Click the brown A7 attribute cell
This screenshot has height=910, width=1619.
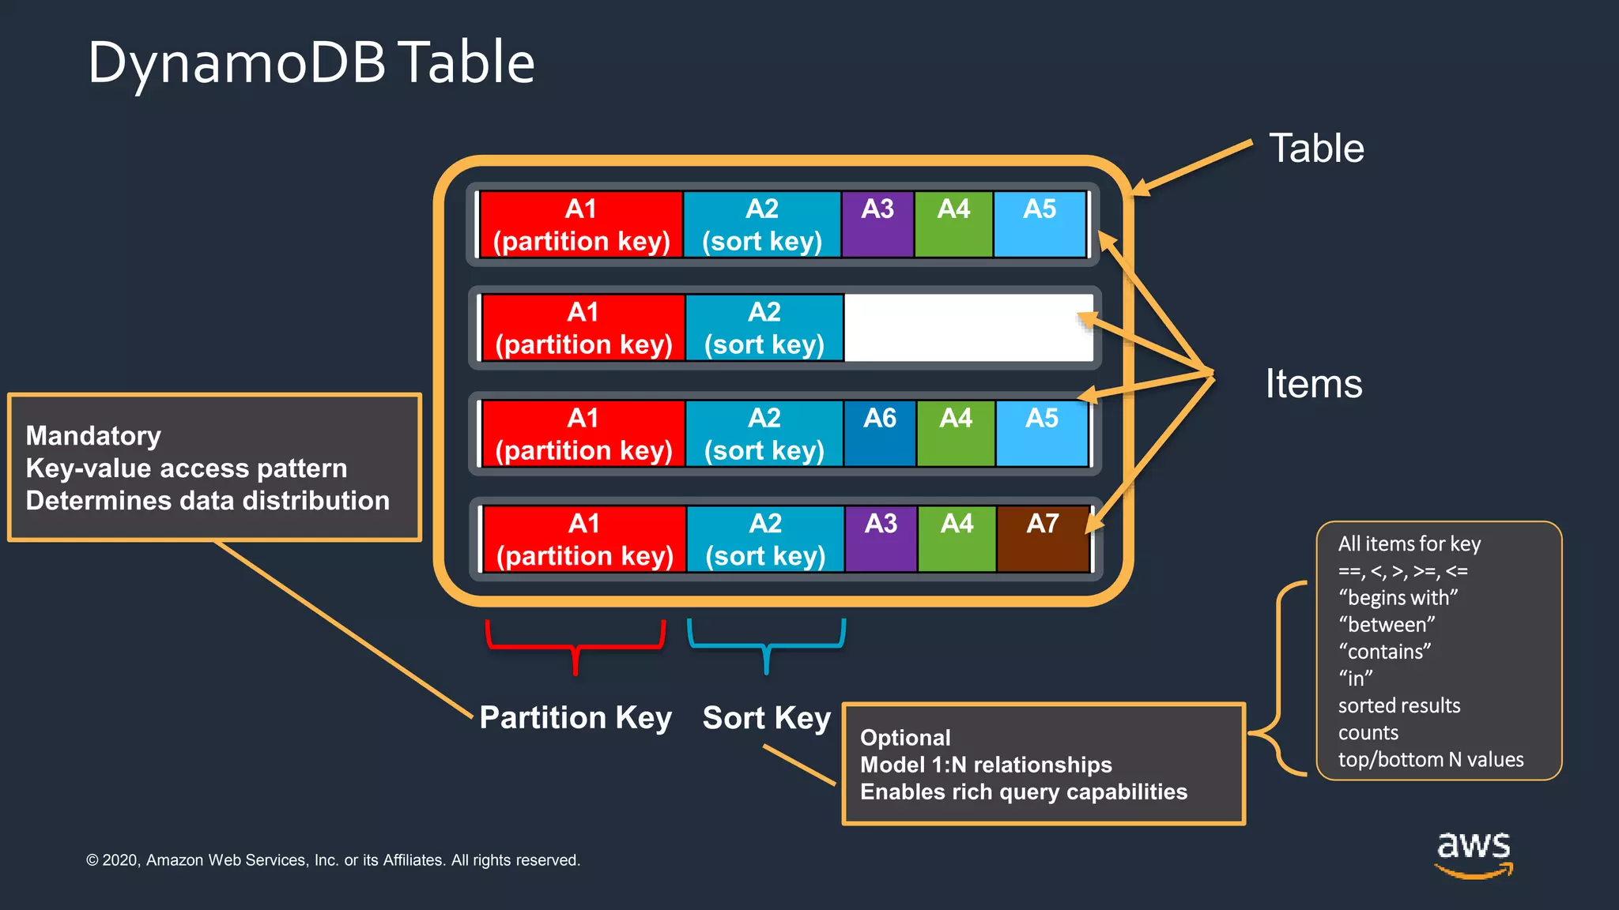tap(1043, 540)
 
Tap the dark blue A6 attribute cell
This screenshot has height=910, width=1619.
tap(880, 434)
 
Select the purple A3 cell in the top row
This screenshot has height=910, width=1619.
tap(877, 224)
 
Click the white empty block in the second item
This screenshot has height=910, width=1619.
tap(968, 328)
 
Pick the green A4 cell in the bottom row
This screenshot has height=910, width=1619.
tap(957, 540)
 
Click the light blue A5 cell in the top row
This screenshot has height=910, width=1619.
tap(1040, 224)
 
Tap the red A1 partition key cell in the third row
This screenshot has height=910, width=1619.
tap(583, 434)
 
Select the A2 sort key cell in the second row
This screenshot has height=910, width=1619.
tap(764, 328)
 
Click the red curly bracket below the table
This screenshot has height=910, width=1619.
tap(576, 644)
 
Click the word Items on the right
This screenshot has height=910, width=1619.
tap(1314, 384)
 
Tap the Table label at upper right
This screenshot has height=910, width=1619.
tap(1316, 149)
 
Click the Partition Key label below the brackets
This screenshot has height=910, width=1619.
tap(576, 717)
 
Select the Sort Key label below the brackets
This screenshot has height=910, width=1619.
tap(766, 717)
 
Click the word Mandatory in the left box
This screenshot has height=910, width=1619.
tap(93, 435)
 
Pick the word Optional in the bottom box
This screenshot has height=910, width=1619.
tap(905, 737)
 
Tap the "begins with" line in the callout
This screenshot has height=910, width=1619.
tap(1398, 597)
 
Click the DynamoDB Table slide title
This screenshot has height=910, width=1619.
tap(311, 63)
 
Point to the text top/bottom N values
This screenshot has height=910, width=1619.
tap(1430, 759)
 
